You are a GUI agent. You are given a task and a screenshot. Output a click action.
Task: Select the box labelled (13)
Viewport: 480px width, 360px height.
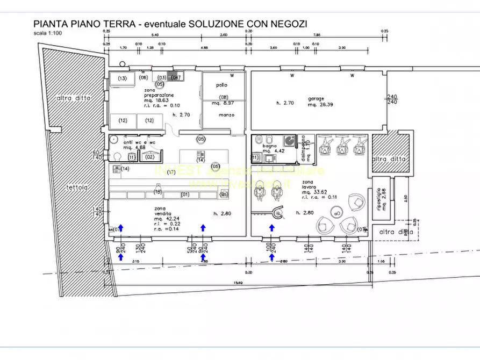click(x=123, y=79)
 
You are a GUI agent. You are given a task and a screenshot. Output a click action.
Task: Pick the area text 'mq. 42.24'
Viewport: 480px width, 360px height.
click(x=166, y=218)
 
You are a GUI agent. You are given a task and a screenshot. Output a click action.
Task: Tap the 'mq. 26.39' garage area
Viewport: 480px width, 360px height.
click(x=320, y=105)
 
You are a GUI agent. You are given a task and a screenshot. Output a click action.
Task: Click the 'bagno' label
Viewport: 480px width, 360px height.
click(x=269, y=146)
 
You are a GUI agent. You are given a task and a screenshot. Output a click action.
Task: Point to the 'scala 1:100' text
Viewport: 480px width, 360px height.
click(x=47, y=33)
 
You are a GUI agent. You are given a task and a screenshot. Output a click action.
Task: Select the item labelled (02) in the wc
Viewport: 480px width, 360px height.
click(x=149, y=156)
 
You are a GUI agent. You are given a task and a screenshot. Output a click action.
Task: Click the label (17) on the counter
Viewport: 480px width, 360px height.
click(x=171, y=172)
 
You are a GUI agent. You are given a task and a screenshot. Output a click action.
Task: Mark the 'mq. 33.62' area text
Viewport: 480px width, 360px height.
click(x=311, y=192)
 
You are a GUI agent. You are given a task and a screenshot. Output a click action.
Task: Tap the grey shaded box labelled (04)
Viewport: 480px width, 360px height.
click(x=174, y=77)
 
